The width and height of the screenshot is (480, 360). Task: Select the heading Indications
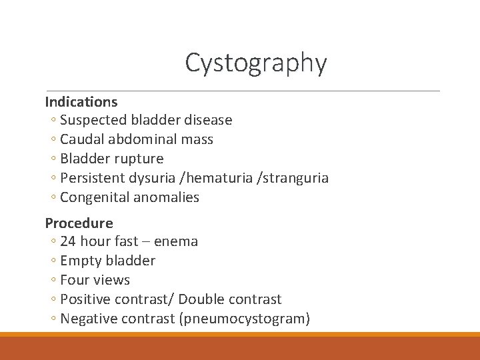[81, 102]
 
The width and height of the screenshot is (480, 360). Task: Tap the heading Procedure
[79, 223]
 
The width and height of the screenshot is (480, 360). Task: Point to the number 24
[68, 241]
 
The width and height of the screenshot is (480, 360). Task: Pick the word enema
[176, 241]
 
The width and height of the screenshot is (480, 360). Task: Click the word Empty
[79, 261]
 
